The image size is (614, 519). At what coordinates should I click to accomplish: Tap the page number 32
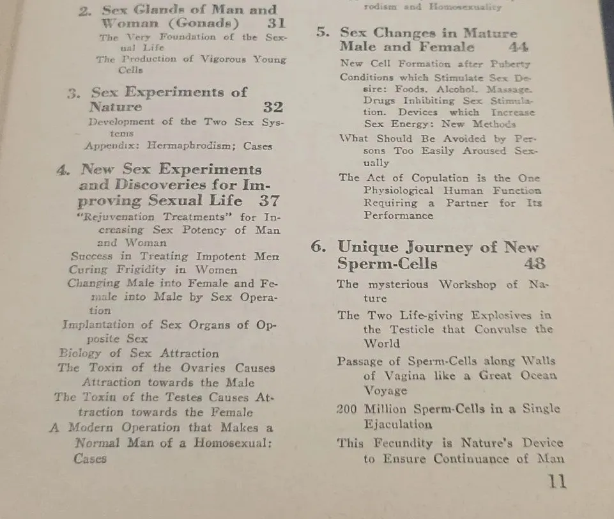273,107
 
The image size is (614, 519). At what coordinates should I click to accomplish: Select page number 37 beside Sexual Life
268,200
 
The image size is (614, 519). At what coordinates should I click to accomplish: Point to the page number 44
523,47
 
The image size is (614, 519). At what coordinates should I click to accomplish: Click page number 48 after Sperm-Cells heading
534,263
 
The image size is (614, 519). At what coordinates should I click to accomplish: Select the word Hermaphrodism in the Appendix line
190,146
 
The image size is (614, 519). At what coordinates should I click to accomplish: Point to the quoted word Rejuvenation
118,217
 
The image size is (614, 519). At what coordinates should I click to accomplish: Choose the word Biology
80,353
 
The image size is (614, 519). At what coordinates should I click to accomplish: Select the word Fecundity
400,443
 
